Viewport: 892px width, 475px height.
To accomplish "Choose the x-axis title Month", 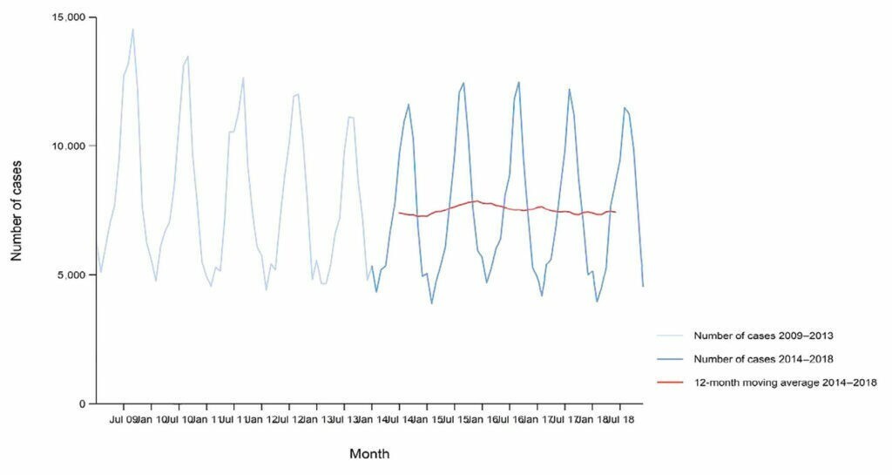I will pyautogui.click(x=369, y=454).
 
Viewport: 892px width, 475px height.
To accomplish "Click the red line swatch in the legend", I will pyautogui.click(x=672, y=382).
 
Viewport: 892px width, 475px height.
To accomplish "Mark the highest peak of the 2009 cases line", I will pyautogui.click(x=132, y=29).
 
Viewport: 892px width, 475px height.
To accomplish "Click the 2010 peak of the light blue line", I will pyautogui.click(x=187, y=57).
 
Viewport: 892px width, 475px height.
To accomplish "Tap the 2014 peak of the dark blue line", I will pyautogui.click(x=409, y=105).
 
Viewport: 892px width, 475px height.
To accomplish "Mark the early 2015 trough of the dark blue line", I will pyautogui.click(x=431, y=303).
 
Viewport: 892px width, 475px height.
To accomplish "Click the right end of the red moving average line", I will pyautogui.click(x=616, y=212).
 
